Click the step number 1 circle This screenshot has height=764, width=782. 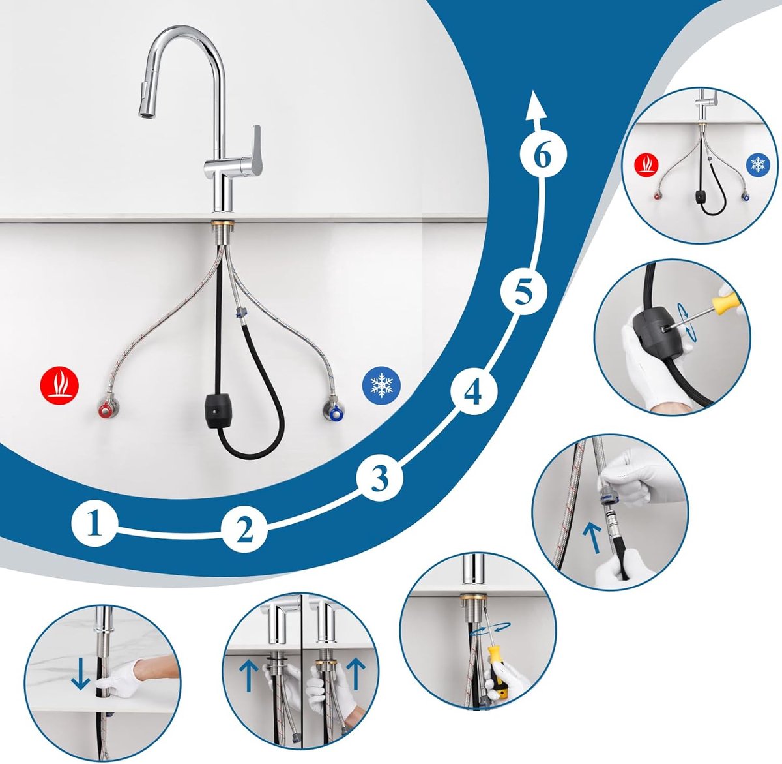95,523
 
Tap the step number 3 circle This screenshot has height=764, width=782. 380,478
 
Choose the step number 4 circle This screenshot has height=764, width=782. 474,392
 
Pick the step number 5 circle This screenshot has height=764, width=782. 523,292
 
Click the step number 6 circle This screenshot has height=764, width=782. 543,155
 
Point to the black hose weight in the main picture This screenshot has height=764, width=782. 220,411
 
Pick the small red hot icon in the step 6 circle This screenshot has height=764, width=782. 646,164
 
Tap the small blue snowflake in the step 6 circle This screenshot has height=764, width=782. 758,164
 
